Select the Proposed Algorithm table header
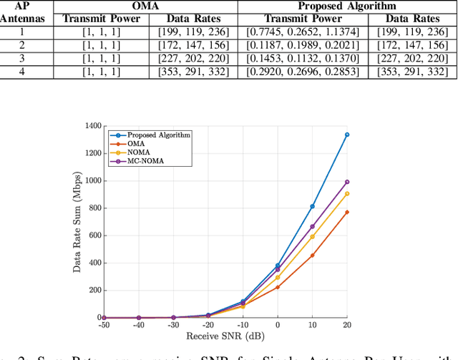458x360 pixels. [x=346, y=6]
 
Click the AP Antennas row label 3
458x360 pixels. [x=21, y=59]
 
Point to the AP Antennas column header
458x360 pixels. [x=21, y=13]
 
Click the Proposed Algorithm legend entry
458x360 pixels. [x=147, y=135]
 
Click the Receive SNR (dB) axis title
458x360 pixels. [x=225, y=335]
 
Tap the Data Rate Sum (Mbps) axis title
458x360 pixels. [x=79, y=222]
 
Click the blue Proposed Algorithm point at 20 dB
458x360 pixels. [x=347, y=135]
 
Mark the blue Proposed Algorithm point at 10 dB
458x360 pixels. [x=312, y=206]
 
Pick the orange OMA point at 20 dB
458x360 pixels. [x=347, y=212]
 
